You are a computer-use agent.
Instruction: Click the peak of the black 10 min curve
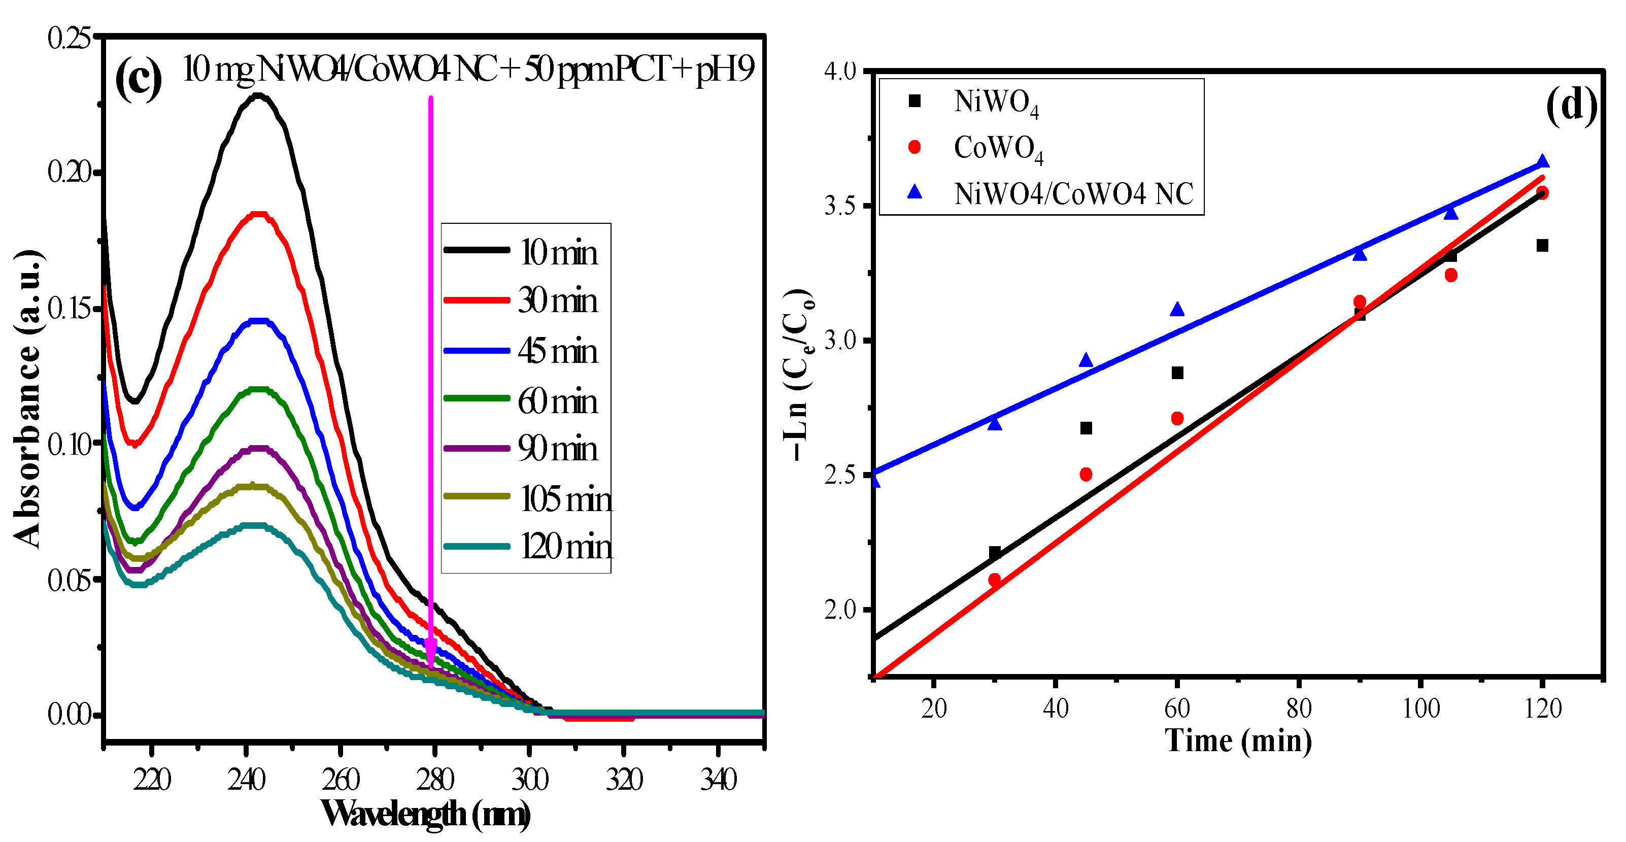(x=257, y=96)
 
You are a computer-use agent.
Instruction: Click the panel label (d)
(x=1571, y=106)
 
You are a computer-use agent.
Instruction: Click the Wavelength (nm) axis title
(x=425, y=814)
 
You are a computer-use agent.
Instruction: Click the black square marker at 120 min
(x=1542, y=246)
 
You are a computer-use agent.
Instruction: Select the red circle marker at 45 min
(x=1086, y=475)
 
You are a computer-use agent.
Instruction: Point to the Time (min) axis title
(x=1238, y=741)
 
